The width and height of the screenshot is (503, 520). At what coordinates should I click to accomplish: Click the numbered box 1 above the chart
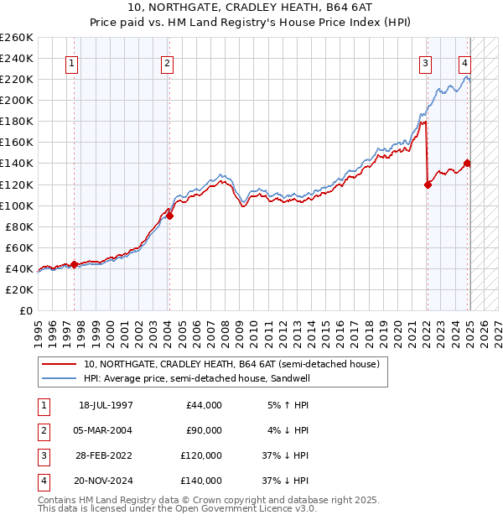click(71, 62)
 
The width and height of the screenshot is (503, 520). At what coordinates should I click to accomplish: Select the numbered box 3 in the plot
click(426, 62)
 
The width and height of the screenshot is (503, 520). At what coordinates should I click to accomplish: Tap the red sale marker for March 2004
click(169, 216)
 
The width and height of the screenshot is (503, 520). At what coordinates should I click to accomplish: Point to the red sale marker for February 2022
click(428, 185)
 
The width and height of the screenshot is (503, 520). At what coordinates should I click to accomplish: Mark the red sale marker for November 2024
click(467, 164)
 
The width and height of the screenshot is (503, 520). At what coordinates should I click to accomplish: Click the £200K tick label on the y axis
click(17, 100)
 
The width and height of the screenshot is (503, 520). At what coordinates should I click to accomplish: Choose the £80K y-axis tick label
click(20, 226)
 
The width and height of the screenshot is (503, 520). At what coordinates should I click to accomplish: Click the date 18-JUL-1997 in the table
click(105, 405)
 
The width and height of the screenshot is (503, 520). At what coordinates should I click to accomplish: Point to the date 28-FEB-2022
click(105, 455)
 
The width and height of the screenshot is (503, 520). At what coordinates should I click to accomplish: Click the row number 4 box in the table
click(42, 481)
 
